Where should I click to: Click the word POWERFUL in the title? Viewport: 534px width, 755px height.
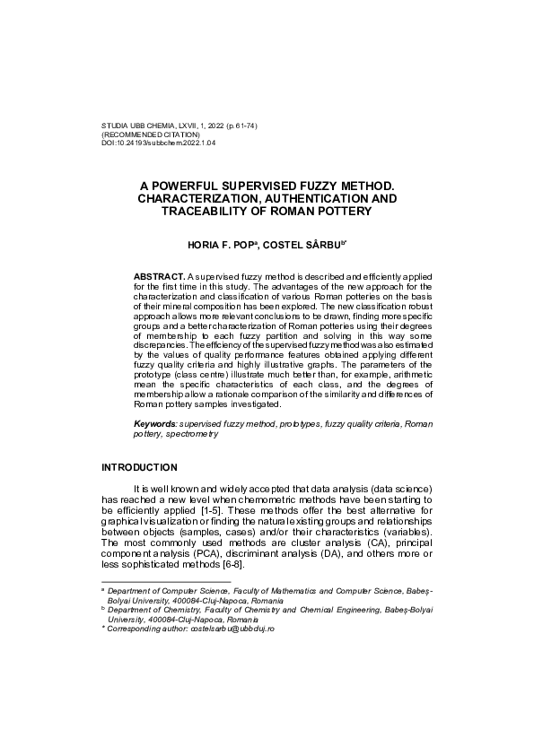[202, 185]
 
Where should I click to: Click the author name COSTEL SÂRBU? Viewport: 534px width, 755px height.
[310, 244]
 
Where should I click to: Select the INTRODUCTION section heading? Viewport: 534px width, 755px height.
[139, 467]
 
